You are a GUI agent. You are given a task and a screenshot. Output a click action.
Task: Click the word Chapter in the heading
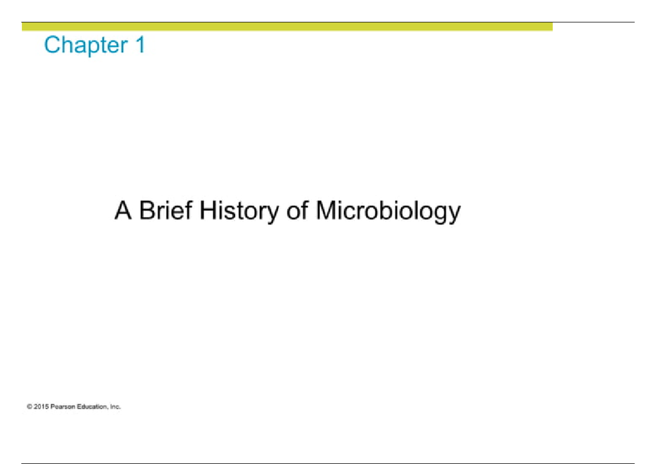[82, 45]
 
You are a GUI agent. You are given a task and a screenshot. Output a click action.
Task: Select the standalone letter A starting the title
[124, 211]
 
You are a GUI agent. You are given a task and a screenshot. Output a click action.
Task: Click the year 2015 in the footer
[40, 407]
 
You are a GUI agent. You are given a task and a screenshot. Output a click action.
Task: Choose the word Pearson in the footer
[61, 407]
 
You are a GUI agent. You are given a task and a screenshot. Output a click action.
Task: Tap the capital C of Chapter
[52, 45]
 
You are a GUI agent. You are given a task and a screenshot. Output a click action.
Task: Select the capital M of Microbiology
[327, 211]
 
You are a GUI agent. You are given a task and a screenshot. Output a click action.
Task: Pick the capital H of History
[208, 211]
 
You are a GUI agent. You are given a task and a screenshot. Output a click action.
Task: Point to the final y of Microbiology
[454, 214]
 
